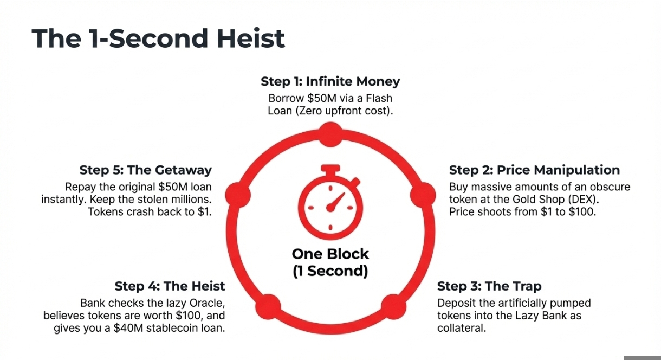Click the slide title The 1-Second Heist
point(158,39)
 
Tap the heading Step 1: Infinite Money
point(330,81)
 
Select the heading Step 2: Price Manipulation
point(534,170)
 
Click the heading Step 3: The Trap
point(489,286)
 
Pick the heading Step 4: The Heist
point(170,286)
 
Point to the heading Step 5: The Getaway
point(145,170)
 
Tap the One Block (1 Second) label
point(330,262)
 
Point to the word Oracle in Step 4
point(205,303)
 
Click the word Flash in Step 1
point(380,98)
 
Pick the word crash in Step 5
point(131,211)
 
